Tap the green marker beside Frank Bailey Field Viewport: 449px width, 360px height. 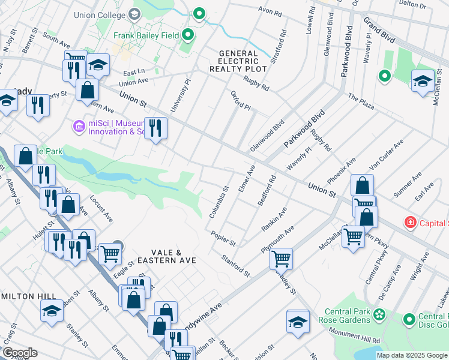188,35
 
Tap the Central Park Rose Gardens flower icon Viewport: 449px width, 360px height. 379,314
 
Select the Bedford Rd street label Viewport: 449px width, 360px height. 267,191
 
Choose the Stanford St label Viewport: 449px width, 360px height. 235,266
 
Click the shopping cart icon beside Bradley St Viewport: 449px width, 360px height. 280,259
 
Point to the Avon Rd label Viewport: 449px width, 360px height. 270,11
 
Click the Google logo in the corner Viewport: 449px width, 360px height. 19,353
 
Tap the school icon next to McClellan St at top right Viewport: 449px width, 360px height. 423,81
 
